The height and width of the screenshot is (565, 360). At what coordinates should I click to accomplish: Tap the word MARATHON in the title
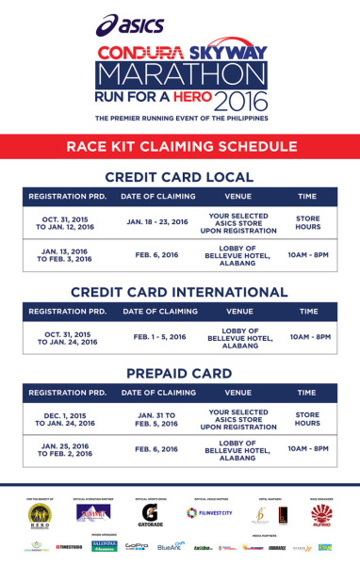pos(180,74)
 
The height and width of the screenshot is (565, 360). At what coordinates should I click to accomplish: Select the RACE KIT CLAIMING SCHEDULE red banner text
pos(179,146)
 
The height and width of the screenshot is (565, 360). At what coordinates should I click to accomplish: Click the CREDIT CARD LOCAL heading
pos(179,177)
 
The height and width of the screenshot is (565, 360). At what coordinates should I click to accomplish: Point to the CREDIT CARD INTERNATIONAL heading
pos(179,291)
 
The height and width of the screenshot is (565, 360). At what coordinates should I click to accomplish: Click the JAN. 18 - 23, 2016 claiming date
pos(158,222)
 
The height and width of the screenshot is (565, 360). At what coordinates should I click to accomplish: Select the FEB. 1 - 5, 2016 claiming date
pos(158,336)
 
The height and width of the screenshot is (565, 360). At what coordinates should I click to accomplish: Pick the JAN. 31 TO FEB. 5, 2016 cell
pos(158,418)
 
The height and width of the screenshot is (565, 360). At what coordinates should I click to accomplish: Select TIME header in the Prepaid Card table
pos(307,393)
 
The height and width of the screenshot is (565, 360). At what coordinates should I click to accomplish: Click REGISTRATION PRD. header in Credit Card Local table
pos(67,196)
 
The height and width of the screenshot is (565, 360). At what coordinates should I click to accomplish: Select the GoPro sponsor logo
pos(138,547)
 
